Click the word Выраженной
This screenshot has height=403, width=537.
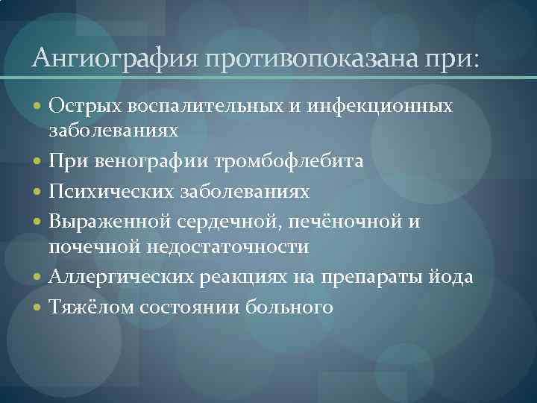click(x=110, y=222)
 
